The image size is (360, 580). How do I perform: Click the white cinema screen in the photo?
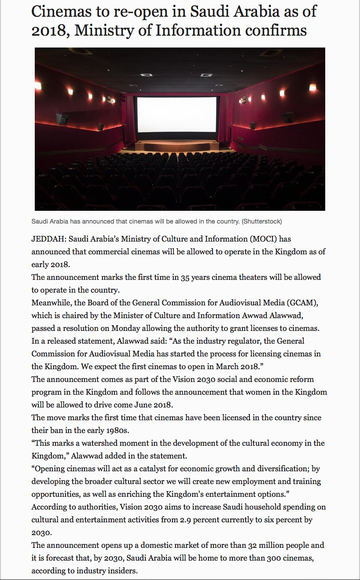[x=177, y=114]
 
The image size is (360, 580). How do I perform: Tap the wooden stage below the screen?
[x=177, y=147]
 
